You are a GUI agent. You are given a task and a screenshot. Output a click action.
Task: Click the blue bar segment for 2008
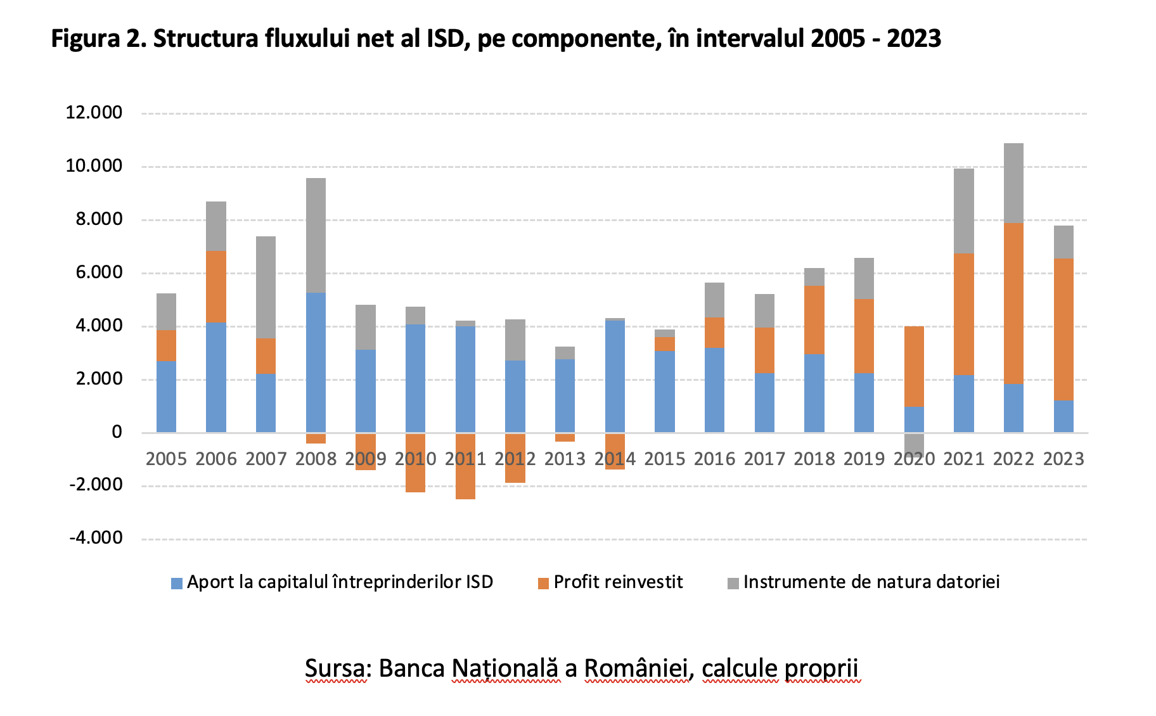coord(316,362)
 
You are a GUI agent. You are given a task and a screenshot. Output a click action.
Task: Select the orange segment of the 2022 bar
coord(1013,303)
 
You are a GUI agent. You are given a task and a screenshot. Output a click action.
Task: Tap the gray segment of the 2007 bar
coord(266,287)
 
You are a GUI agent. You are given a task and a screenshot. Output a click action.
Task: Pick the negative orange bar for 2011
coord(465,466)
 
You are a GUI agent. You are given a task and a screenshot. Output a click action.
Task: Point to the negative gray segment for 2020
coord(914,444)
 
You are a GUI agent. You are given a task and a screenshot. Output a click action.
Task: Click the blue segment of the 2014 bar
coord(615,376)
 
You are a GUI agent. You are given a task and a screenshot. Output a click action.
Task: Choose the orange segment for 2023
coord(1063,329)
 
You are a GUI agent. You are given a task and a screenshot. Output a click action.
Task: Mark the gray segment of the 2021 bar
coord(964,211)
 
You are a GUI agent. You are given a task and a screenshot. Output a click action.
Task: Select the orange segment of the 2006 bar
coord(216,287)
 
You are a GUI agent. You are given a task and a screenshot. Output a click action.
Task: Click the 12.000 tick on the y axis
coord(94,113)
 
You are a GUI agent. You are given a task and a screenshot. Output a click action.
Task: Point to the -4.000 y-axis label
coord(96,538)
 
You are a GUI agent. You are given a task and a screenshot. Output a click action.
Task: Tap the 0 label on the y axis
coord(117,432)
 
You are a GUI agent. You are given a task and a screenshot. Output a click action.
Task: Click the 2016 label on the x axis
coord(714,459)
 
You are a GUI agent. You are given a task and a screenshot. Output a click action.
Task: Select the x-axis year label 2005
coord(166,459)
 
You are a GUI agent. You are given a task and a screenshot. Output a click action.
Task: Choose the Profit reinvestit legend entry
coord(610,582)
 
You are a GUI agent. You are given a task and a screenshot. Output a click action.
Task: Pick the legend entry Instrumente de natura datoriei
coord(864,582)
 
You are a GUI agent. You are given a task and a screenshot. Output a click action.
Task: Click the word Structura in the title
coord(205,39)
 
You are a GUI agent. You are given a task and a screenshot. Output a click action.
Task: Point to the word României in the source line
coord(636,669)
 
